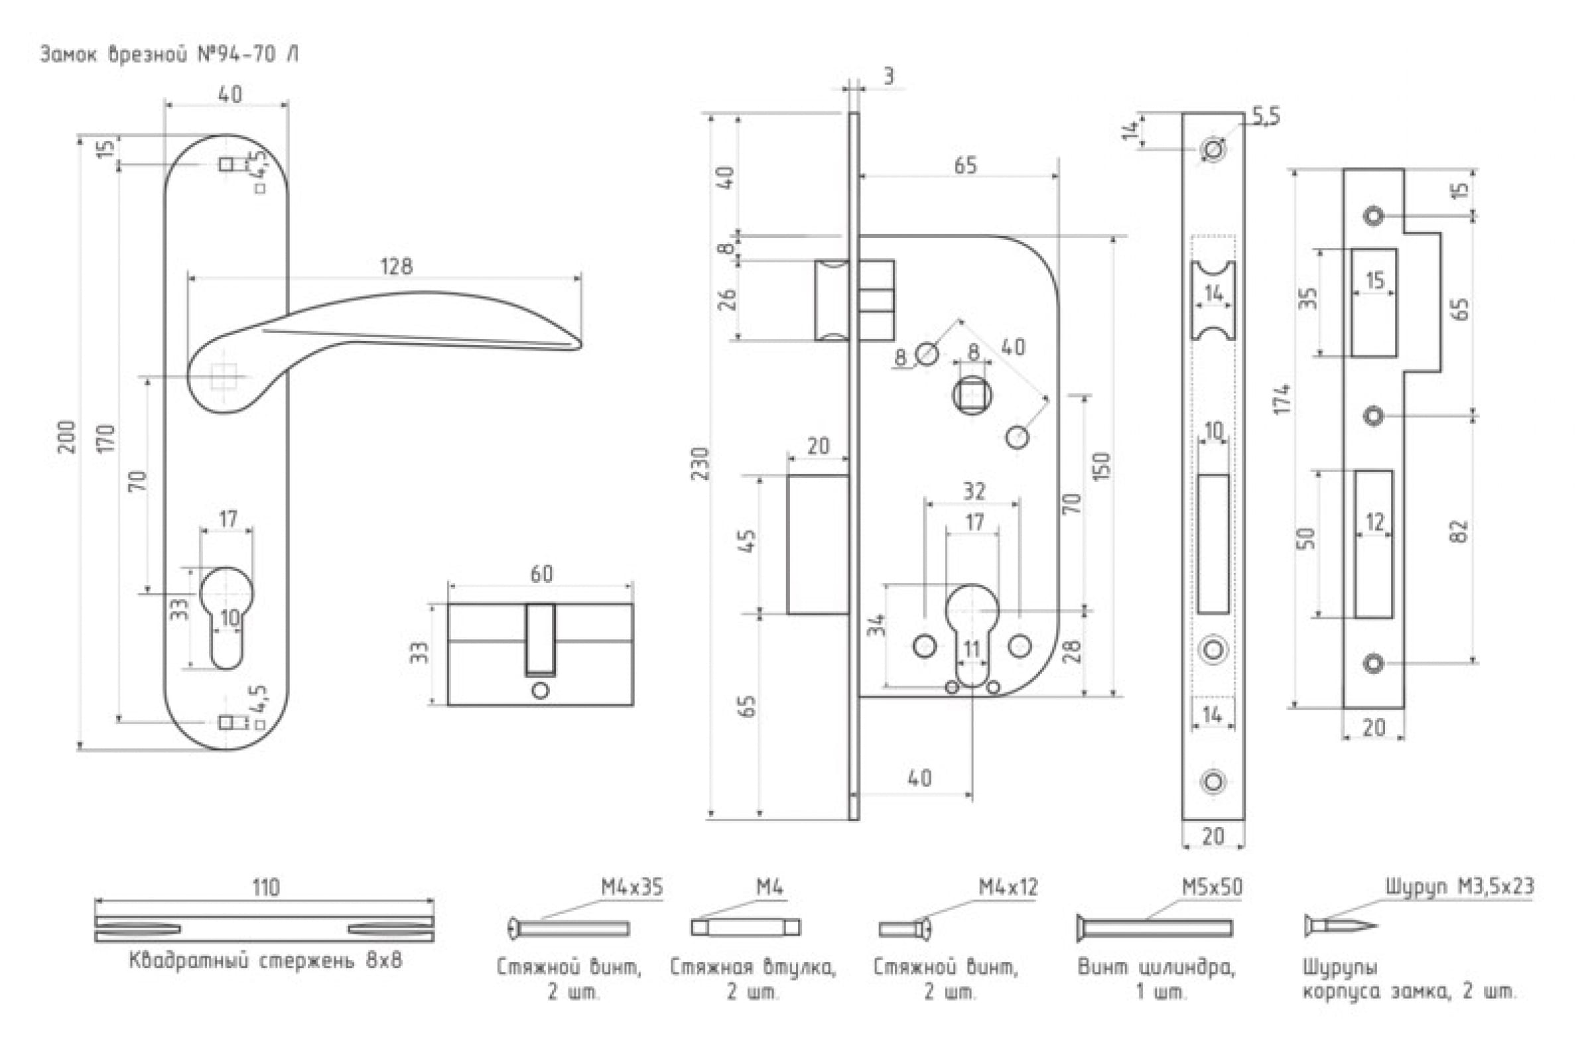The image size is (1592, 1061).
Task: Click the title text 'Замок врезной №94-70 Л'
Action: (x=169, y=54)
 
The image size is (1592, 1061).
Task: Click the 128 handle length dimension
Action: (x=396, y=266)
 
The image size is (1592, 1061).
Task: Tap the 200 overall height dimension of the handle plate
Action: (x=68, y=436)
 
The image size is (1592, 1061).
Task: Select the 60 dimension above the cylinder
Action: (x=541, y=574)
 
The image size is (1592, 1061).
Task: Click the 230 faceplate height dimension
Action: (x=701, y=464)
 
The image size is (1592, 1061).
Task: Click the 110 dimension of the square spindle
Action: (x=265, y=887)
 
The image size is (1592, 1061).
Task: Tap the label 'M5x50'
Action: (x=1212, y=887)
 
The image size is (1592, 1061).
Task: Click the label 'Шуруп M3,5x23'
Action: (x=1459, y=887)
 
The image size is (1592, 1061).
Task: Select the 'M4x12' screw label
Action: (x=1008, y=887)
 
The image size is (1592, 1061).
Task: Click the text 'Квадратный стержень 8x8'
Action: (x=265, y=961)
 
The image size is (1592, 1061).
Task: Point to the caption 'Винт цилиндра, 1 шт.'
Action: (x=1156, y=980)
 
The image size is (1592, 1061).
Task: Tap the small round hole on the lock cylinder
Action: (x=540, y=691)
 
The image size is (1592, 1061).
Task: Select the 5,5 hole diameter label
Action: (x=1265, y=117)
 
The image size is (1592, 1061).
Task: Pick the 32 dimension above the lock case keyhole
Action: (x=973, y=491)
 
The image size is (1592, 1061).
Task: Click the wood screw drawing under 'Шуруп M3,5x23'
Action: (x=1340, y=926)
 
